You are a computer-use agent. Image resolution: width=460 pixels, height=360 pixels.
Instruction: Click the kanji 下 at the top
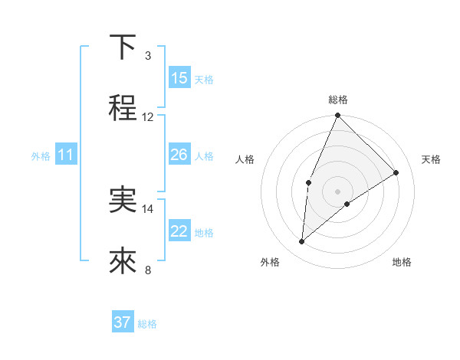(123, 47)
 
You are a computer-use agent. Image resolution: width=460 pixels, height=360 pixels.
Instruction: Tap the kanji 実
(123, 200)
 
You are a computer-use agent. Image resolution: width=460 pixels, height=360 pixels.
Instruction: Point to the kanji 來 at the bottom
(123, 260)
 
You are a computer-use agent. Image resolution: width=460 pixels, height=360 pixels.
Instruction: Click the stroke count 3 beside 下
(148, 55)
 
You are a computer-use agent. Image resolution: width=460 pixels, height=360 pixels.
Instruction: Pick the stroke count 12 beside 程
(148, 116)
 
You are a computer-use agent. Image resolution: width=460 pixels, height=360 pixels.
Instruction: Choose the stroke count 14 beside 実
(148, 208)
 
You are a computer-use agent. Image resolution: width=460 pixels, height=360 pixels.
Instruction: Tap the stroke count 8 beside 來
(148, 269)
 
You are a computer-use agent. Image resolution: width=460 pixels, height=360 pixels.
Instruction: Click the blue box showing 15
(179, 78)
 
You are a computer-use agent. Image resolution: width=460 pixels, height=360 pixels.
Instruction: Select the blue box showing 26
(179, 155)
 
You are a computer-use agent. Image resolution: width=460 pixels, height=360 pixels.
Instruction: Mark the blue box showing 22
(179, 231)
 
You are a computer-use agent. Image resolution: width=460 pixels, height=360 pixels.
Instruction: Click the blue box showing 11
(66, 155)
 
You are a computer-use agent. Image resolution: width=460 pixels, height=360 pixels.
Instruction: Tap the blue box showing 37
(123, 322)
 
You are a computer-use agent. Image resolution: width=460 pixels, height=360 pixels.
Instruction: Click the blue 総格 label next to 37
(147, 324)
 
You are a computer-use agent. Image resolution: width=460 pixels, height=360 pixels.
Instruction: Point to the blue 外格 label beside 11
(41, 156)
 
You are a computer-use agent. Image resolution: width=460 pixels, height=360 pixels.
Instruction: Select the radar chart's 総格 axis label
(337, 100)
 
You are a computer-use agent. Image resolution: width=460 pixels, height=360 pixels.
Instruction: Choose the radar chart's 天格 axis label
(431, 159)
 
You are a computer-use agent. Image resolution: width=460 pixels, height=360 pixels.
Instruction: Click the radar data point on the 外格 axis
(302, 242)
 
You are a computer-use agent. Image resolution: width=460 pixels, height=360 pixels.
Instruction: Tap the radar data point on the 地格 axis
(347, 204)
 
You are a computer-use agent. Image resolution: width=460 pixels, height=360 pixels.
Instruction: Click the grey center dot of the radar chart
(337, 191)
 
